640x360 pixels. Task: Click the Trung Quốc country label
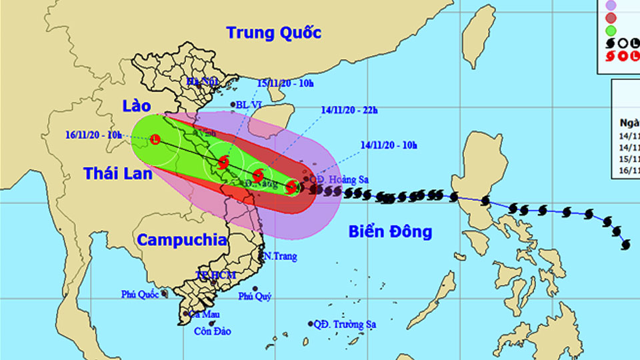273,32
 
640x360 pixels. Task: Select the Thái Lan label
118,173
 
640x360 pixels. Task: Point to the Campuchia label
182,240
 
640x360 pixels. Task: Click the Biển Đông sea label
390,232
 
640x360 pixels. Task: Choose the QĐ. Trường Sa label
345,325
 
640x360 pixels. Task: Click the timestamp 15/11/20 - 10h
285,83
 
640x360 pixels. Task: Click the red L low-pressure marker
155,139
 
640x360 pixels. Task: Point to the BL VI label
249,105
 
